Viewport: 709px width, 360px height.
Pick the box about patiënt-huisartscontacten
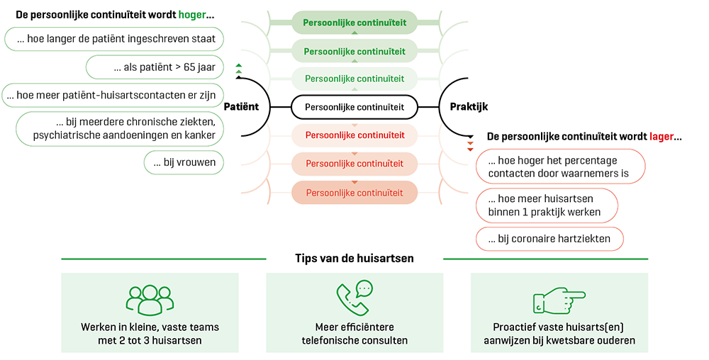click(113, 94)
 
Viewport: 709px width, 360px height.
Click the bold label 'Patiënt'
click(241, 107)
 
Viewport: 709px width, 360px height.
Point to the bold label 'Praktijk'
click(469, 107)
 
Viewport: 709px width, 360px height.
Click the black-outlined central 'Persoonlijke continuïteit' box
click(354, 107)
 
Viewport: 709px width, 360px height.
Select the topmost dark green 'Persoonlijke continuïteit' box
click(354, 23)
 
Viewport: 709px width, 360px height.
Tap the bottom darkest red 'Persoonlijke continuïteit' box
click(354, 193)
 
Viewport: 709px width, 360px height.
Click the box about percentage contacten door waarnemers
click(560, 167)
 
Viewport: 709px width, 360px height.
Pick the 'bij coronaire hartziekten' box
click(549, 239)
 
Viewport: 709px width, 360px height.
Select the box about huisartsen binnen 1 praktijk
click(547, 206)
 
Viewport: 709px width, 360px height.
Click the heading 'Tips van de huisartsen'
click(354, 259)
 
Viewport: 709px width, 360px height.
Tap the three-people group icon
click(150, 299)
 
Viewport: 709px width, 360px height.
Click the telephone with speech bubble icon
click(354, 298)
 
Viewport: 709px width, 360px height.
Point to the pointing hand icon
click(559, 300)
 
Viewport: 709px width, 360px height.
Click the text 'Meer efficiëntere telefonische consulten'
click(354, 334)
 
